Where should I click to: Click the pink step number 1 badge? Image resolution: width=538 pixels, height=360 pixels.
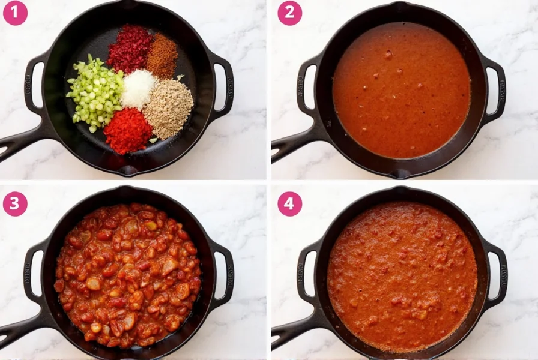[x=15, y=13]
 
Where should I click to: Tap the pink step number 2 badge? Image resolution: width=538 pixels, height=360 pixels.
[x=289, y=13]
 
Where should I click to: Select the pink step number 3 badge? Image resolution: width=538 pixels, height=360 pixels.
[x=15, y=204]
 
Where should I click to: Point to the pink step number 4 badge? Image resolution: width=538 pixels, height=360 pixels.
[x=289, y=204]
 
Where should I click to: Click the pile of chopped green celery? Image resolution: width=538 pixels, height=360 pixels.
[x=95, y=92]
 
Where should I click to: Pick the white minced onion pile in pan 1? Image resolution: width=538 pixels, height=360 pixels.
[x=139, y=89]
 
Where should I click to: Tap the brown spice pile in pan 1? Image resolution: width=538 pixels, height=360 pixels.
[x=162, y=56]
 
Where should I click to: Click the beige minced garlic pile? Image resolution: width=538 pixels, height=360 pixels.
[x=168, y=108]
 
